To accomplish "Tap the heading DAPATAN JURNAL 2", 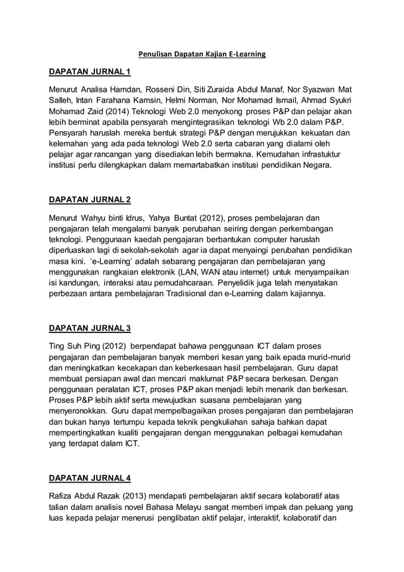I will coord(90,200).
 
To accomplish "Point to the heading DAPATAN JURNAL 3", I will coord(90,328).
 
